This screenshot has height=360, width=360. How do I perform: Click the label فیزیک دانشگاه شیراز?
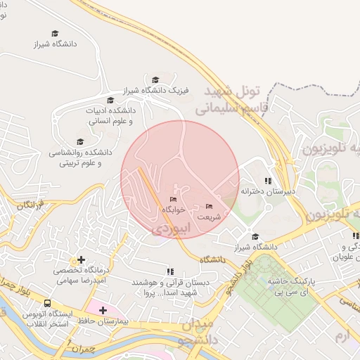(x=148, y=91)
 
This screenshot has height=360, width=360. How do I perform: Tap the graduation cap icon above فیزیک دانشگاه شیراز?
(x=155, y=79)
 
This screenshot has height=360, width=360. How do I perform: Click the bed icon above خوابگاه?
(x=174, y=200)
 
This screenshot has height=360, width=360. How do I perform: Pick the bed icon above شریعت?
(x=209, y=207)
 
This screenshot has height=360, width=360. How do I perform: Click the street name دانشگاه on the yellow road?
(x=211, y=259)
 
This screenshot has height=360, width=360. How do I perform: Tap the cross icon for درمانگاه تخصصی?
(x=81, y=260)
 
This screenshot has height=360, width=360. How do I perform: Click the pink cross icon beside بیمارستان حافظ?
(x=103, y=310)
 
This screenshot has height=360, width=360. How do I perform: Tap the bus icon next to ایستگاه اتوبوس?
(x=47, y=303)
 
